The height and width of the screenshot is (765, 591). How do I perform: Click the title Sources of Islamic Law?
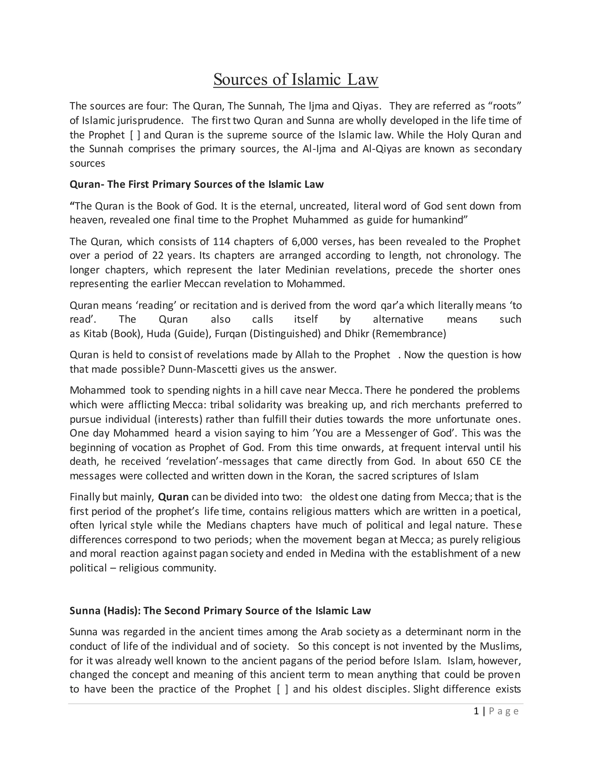click(295, 79)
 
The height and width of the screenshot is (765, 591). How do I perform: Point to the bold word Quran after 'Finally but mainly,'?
click(173, 497)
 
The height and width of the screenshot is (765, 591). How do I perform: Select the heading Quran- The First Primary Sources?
click(197, 184)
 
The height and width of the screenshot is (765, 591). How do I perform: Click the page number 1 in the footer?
click(476, 711)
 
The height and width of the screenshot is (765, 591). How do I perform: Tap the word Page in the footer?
click(504, 711)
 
